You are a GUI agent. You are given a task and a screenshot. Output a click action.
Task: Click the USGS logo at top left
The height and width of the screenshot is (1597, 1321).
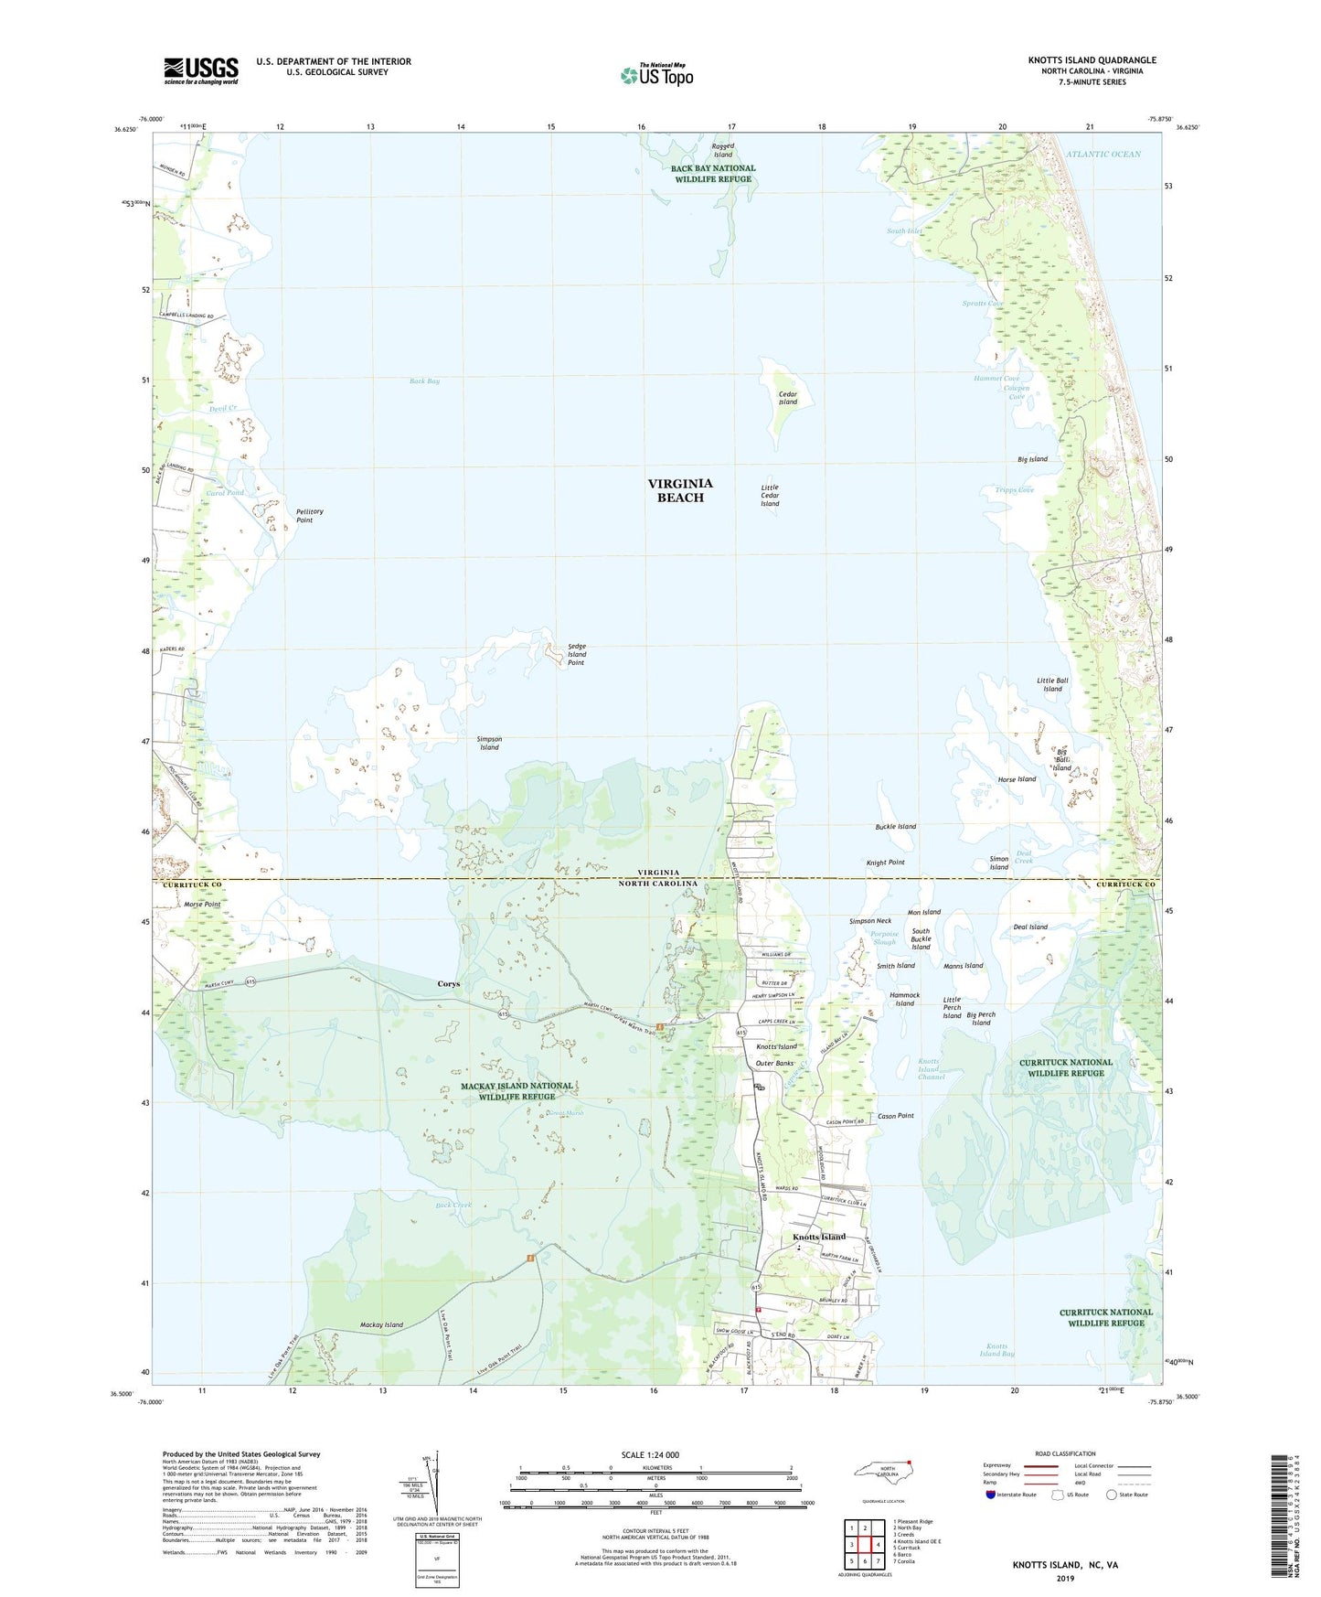(201, 70)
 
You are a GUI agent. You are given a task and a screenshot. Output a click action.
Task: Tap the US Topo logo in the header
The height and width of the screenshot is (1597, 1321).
(655, 75)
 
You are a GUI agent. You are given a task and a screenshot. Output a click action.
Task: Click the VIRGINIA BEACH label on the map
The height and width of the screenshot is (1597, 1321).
(680, 490)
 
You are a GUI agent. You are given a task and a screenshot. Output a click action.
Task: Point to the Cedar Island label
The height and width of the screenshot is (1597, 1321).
(787, 398)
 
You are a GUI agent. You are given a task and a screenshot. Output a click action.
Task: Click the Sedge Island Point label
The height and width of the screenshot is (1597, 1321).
(576, 654)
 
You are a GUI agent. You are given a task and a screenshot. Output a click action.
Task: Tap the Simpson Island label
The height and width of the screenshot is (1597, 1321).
(489, 743)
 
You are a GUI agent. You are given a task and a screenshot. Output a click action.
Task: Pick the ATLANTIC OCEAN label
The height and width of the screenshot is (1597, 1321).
(1103, 154)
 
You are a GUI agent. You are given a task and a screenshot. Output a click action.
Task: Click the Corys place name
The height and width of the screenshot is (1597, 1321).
(448, 983)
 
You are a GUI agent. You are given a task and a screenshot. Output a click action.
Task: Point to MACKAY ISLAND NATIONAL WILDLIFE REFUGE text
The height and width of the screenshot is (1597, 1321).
(517, 1090)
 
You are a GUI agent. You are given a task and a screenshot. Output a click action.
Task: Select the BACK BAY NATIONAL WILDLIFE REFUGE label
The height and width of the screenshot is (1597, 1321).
(713, 174)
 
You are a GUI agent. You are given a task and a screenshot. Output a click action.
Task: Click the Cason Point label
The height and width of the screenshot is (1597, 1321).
(895, 1116)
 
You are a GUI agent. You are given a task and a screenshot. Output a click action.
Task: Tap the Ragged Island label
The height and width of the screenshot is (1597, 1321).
(723, 150)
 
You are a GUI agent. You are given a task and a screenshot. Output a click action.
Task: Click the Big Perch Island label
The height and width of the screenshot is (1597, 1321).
(980, 1018)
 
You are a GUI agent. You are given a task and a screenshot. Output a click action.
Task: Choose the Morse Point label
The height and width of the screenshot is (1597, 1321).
(202, 904)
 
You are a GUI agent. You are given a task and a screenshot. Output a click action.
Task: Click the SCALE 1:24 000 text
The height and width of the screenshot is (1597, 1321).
(650, 1454)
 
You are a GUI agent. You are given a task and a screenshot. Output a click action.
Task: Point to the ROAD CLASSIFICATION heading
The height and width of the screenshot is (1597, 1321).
(1065, 1453)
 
